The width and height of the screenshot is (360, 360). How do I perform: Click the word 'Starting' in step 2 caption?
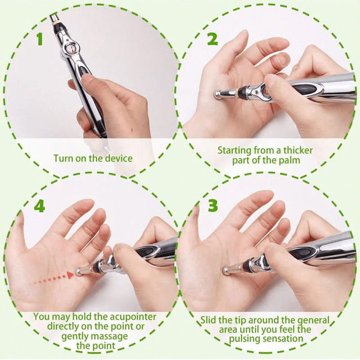coord(235,150)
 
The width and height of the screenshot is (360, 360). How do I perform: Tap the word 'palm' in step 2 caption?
coord(288,160)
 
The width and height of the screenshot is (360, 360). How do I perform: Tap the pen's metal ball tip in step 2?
coord(218,94)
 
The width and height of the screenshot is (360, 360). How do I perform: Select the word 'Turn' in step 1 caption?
coord(63,158)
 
